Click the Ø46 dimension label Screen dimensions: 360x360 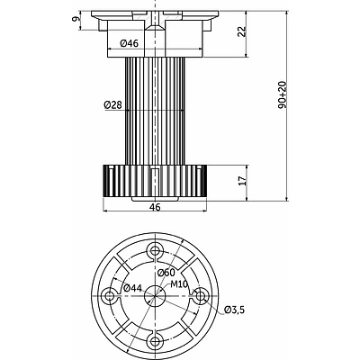pos(129,43)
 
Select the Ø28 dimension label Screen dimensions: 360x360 pos(113,104)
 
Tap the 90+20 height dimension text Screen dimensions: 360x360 pos(283,94)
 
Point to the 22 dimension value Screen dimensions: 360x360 pos(242,31)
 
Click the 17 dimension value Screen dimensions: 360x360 pos(242,180)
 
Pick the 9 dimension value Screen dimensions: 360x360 pos(76,19)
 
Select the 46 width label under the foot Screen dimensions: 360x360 pos(155,207)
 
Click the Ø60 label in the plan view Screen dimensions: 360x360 pos(166,273)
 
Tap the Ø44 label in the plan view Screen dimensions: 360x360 pos(132,288)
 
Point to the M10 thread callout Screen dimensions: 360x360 pos(179,283)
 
